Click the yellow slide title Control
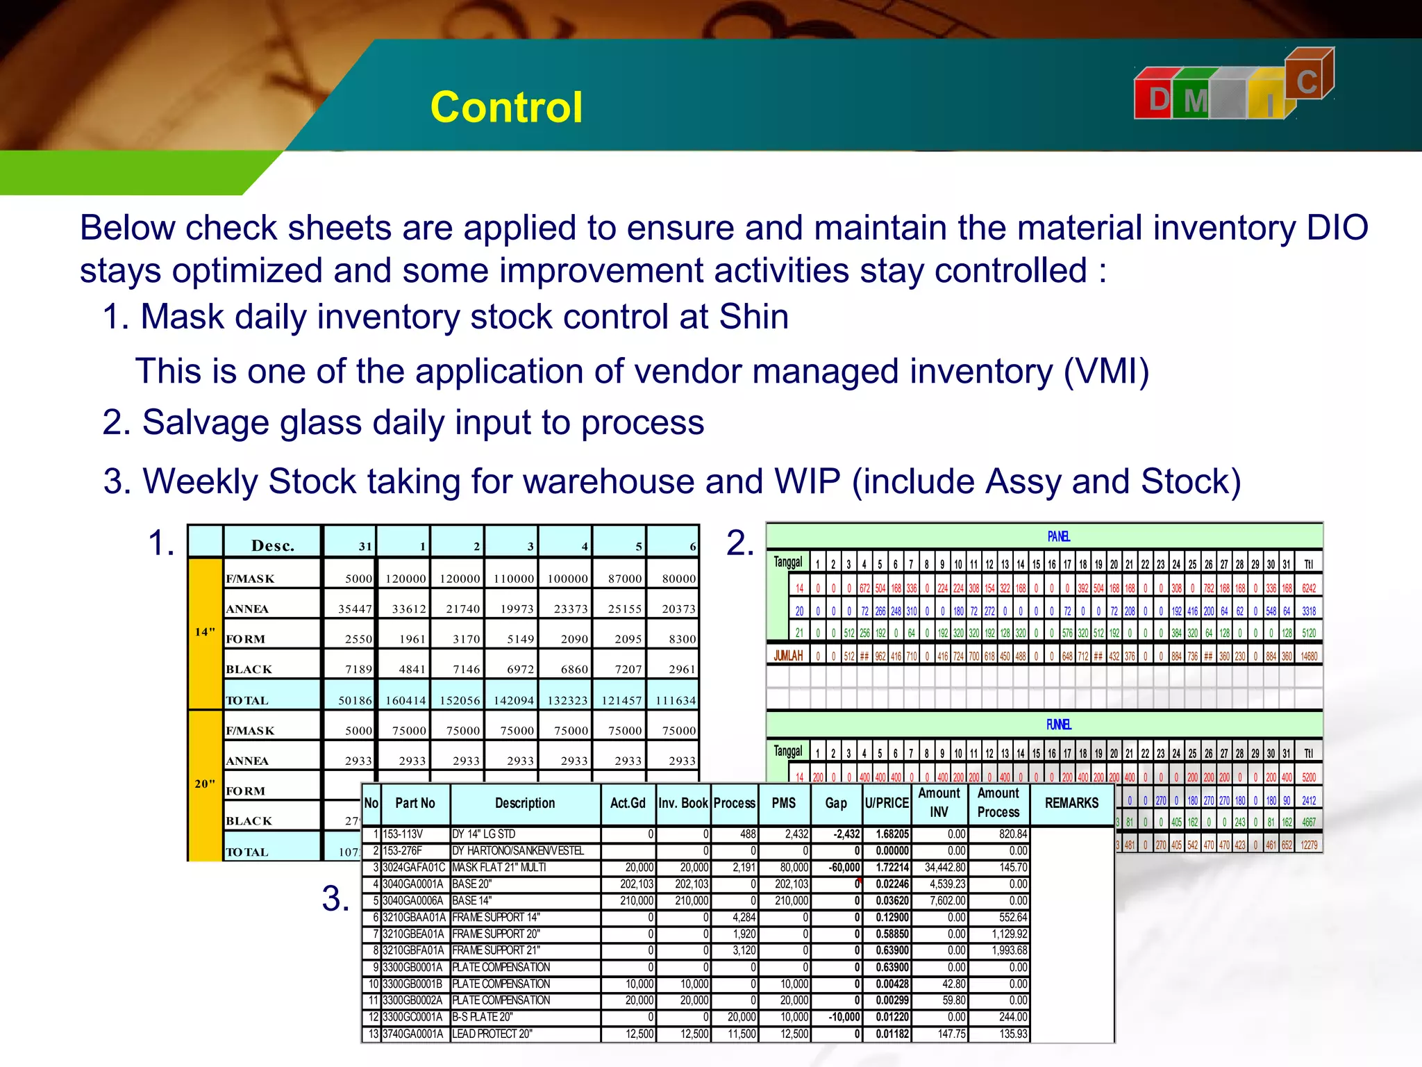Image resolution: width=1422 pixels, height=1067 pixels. click(506, 108)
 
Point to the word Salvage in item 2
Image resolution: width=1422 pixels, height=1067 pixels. click(206, 422)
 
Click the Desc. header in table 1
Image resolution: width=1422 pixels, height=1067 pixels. click(272, 545)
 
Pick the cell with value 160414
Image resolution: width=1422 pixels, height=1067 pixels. click(405, 700)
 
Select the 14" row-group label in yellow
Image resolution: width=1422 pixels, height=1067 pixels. click(205, 632)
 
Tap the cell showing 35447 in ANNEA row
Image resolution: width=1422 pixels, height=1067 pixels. click(355, 609)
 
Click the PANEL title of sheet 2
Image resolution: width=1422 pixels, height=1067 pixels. click(1058, 536)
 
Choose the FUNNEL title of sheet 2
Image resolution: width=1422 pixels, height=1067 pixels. click(1058, 725)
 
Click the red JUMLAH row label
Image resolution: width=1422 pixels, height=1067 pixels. click(788, 656)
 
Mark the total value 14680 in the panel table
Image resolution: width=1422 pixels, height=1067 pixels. click(1309, 656)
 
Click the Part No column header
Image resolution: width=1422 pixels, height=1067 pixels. click(415, 803)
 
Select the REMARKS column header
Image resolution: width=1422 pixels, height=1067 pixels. click(1071, 803)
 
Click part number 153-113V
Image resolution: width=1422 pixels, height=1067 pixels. click(403, 834)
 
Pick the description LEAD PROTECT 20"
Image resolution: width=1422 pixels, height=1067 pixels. click(492, 1034)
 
